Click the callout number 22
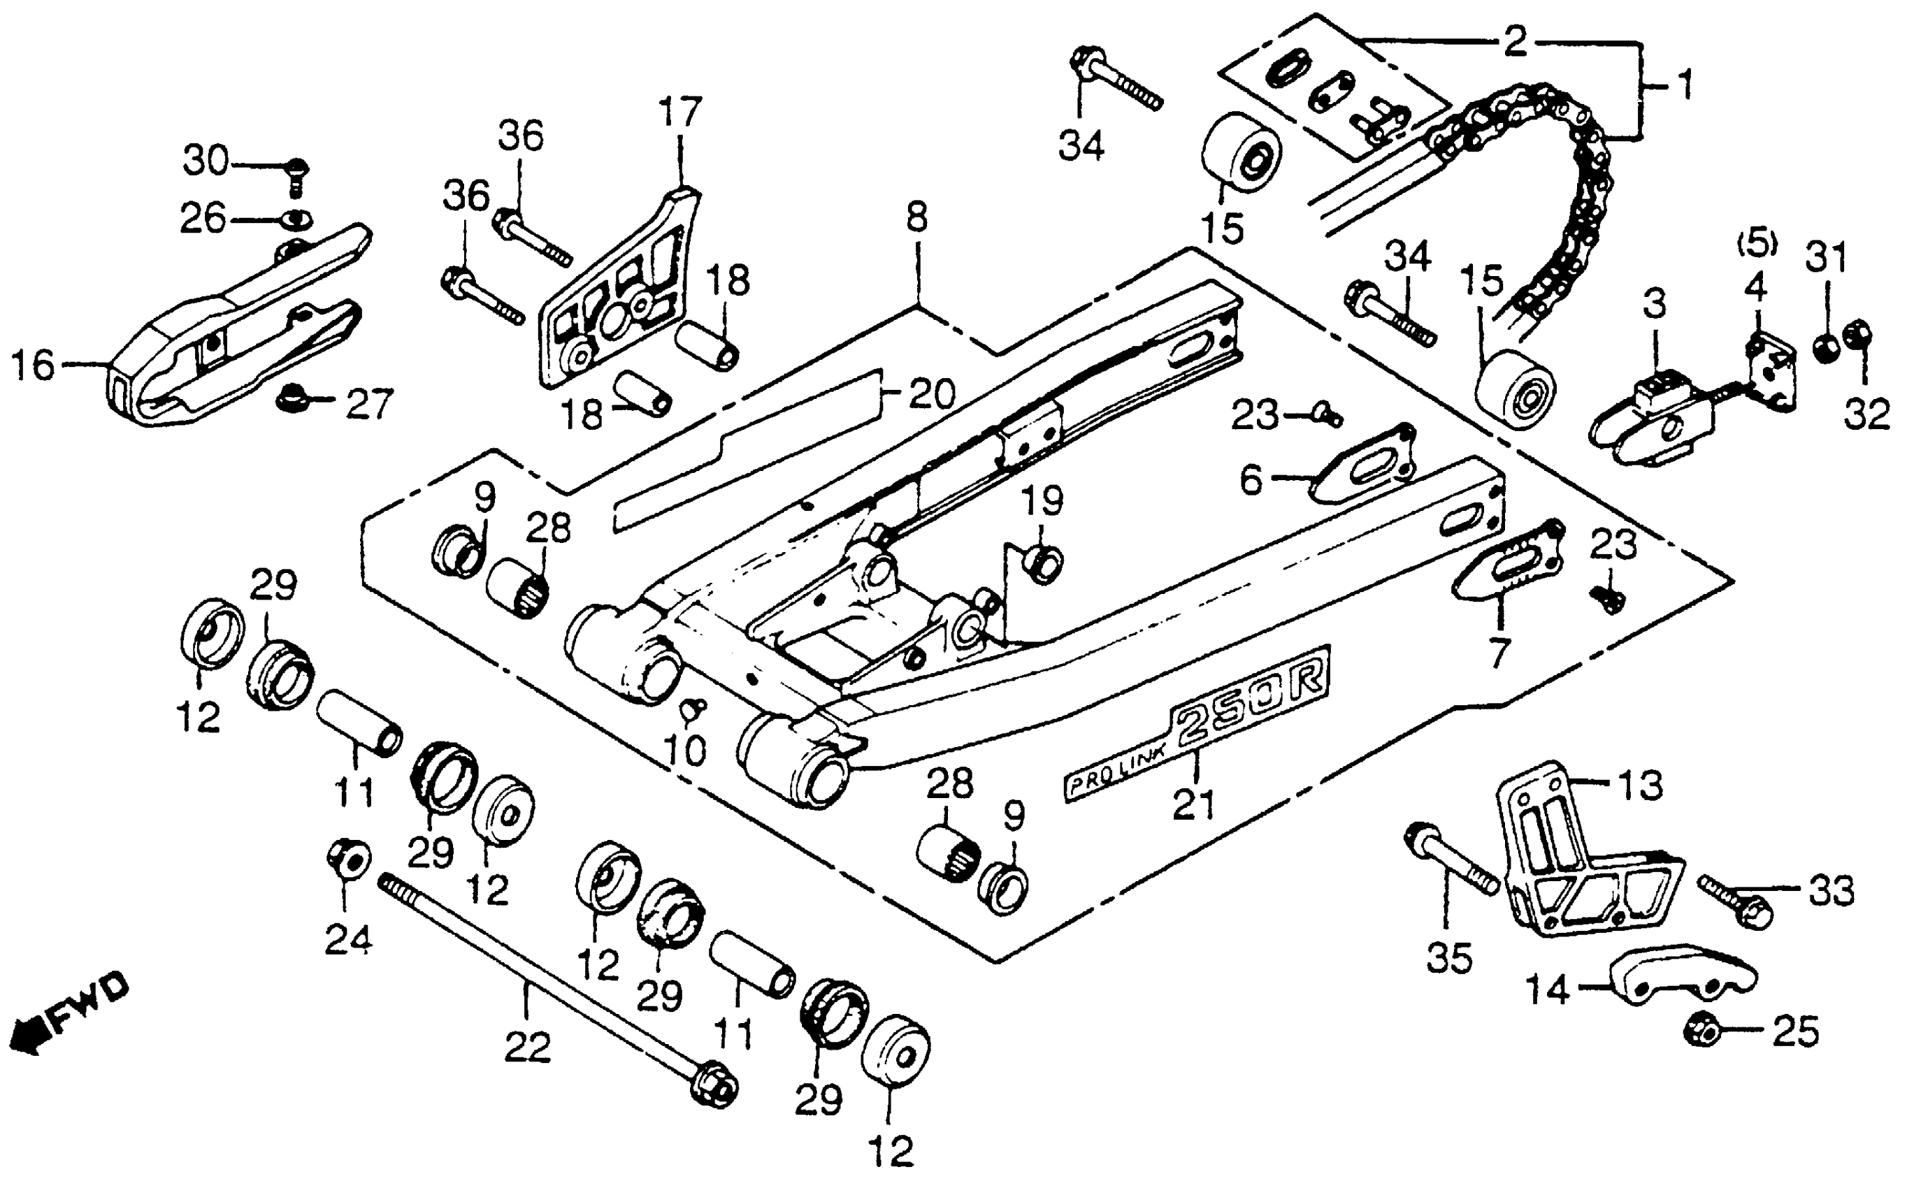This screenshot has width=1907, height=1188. pyautogui.click(x=527, y=1048)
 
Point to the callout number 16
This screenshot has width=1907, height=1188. pyautogui.click(x=33, y=365)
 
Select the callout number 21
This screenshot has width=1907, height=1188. pyautogui.click(x=1193, y=804)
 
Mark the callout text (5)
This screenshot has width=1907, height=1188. pyautogui.click(x=1756, y=245)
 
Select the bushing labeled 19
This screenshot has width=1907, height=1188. pyautogui.click(x=1043, y=564)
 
